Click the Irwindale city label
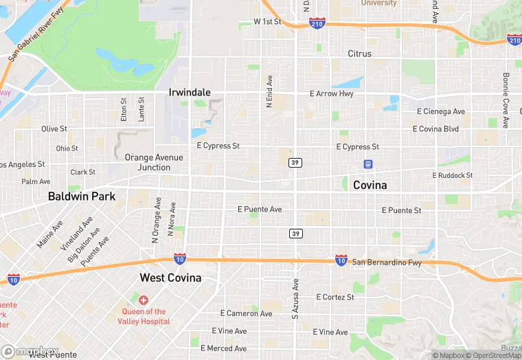(190, 92)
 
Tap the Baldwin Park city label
(82, 196)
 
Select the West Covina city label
(170, 278)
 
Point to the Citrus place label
(359, 54)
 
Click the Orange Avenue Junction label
(154, 162)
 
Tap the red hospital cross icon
(143, 301)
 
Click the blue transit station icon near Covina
(368, 164)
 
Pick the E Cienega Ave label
(441, 111)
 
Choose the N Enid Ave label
(270, 91)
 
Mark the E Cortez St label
(334, 297)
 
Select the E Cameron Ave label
(246, 313)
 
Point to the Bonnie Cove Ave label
(506, 100)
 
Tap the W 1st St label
(268, 21)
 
